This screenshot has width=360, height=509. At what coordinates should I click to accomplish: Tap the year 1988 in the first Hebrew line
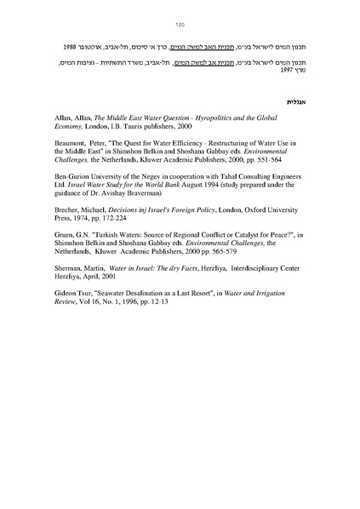click(74, 42)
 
